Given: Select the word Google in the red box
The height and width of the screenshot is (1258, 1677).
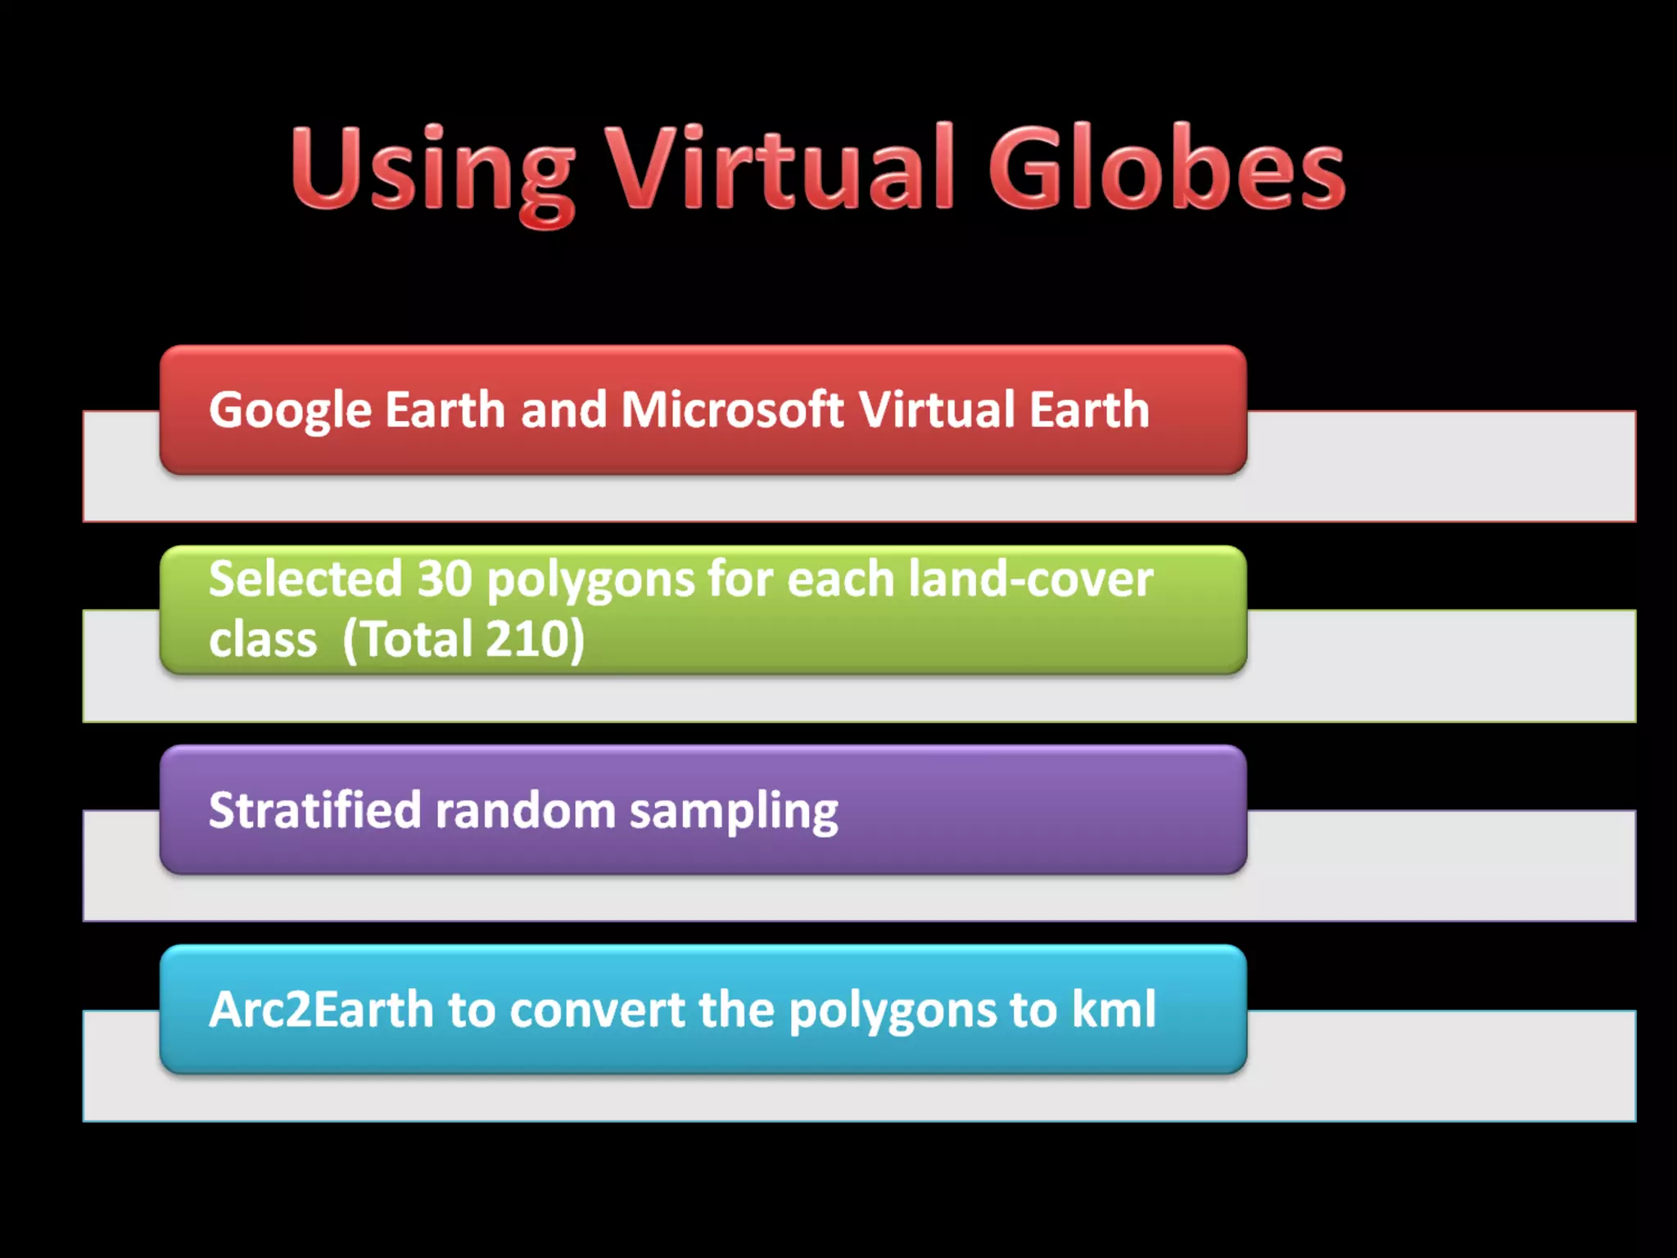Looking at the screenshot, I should click(x=290, y=410).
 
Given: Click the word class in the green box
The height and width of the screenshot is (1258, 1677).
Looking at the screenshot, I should click(x=262, y=640).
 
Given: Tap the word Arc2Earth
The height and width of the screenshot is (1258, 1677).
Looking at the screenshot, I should click(x=321, y=1009).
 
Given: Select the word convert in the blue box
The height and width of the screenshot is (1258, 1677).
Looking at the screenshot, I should click(x=597, y=1009).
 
